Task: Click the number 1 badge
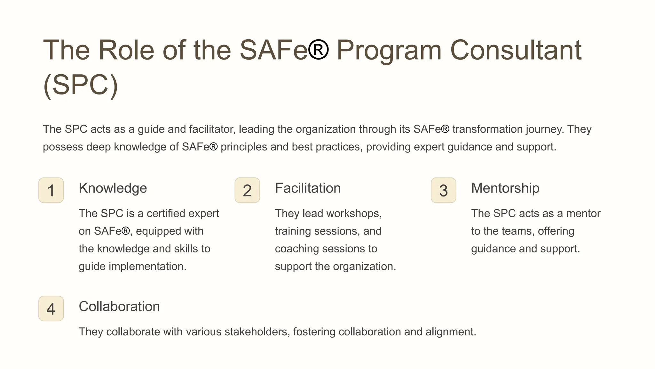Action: [51, 190]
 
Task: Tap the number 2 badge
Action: [247, 190]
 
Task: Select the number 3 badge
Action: [443, 190]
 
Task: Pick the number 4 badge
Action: [51, 308]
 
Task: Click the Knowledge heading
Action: [113, 188]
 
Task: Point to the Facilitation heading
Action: [308, 188]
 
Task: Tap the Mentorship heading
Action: [505, 188]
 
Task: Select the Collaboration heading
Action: [119, 307]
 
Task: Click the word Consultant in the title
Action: [516, 50]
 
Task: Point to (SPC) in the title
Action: [81, 85]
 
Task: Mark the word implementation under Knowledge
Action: [147, 266]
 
